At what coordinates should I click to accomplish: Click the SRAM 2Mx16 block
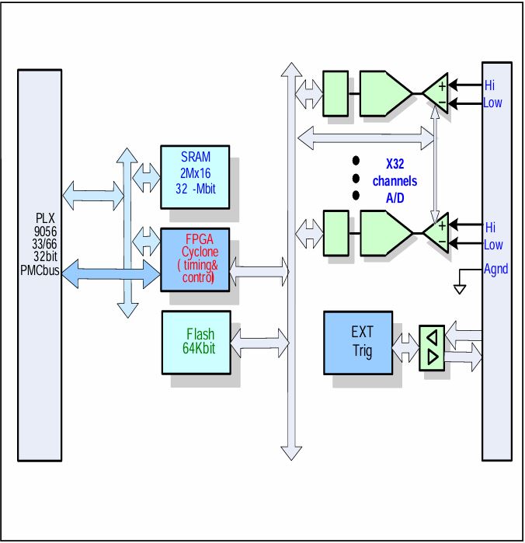[x=195, y=176]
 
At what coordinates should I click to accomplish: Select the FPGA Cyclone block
[x=195, y=259]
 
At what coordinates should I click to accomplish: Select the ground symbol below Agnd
[x=459, y=289]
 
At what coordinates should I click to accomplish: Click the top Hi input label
[x=489, y=85]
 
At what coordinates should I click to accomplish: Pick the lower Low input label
[x=492, y=245]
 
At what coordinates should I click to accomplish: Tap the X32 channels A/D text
[x=395, y=180]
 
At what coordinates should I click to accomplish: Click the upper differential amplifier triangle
[x=436, y=94]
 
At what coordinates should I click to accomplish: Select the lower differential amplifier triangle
[x=436, y=234]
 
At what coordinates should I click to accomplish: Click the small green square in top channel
[x=335, y=93]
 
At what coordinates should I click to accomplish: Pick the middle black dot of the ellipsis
[x=356, y=178]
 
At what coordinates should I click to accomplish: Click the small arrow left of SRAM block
[x=146, y=178]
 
